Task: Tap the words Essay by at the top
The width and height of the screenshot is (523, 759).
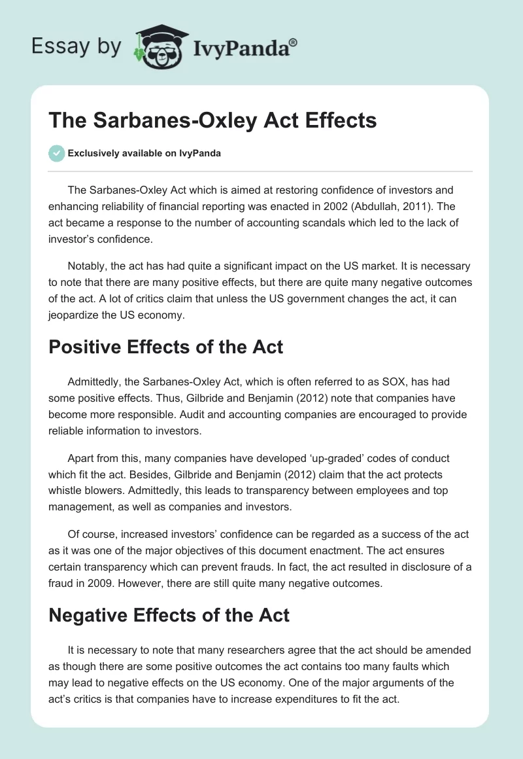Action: click(76, 46)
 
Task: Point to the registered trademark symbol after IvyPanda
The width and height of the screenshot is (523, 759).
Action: click(294, 41)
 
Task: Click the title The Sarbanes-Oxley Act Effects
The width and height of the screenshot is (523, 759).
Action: click(212, 121)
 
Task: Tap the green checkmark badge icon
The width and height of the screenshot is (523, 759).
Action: click(56, 153)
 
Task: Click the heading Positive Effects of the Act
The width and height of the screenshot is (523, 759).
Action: click(166, 346)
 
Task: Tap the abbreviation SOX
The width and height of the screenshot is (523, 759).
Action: click(369, 381)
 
